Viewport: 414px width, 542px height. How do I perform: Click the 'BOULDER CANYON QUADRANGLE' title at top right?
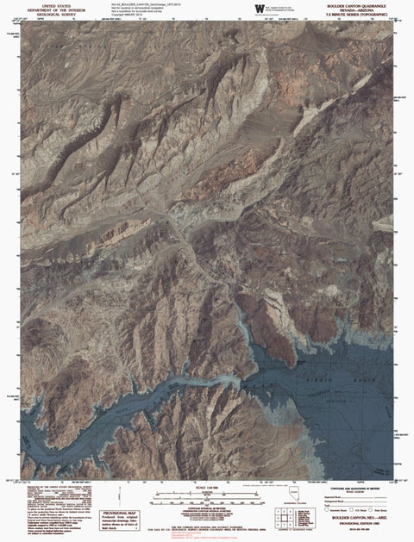click(360, 4)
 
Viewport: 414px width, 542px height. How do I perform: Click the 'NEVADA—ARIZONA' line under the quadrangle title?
click(360, 9)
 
